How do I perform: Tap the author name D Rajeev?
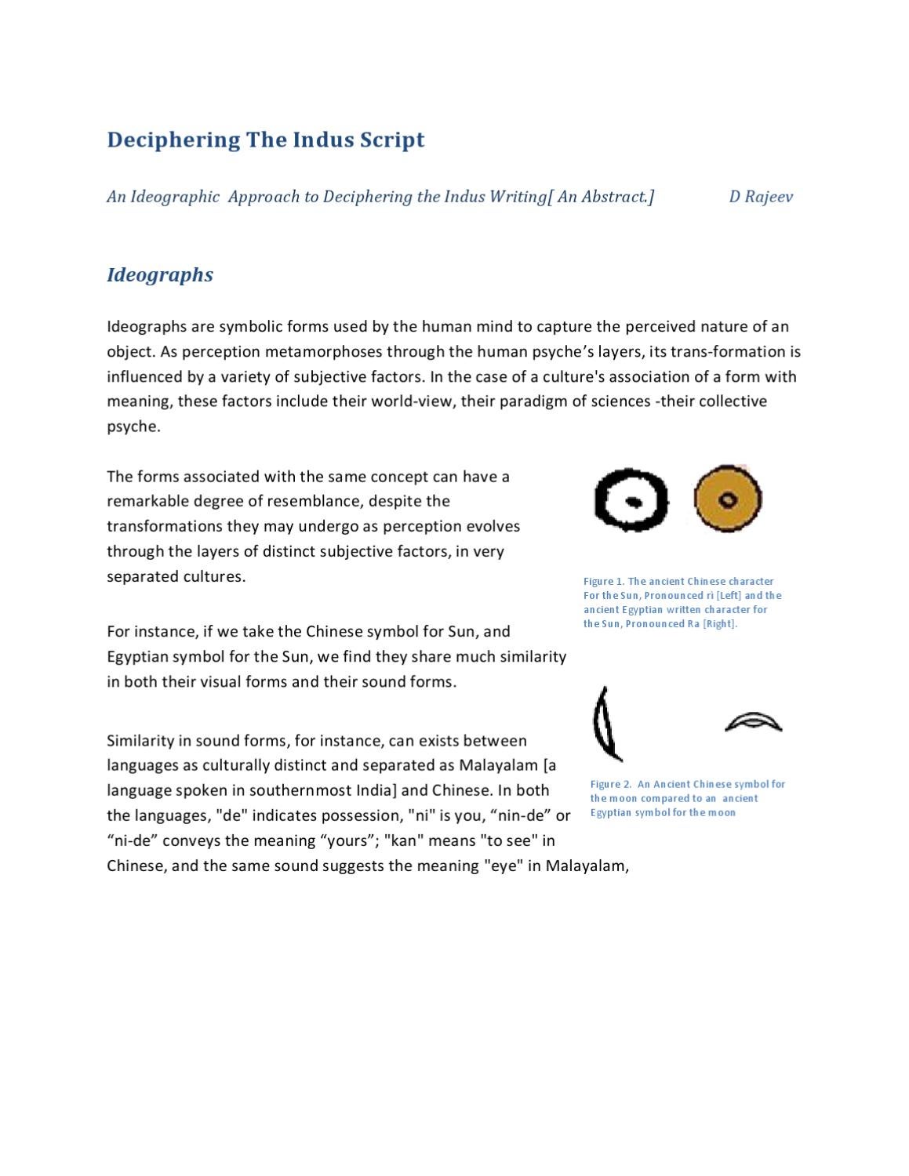pos(760,197)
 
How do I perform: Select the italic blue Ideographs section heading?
pos(160,275)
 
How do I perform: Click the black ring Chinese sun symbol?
pos(631,500)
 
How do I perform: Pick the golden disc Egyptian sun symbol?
pos(728,499)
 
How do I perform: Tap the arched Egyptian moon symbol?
pos(753,721)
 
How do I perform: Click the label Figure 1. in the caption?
pos(603,582)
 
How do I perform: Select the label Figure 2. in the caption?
pos(610,784)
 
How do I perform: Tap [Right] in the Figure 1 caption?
pos(719,624)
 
